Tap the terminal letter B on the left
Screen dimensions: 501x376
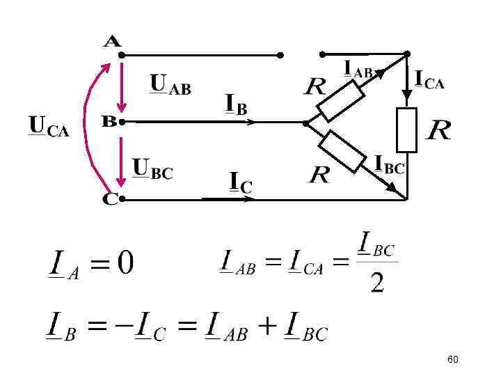(109, 121)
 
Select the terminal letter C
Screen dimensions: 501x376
(110, 199)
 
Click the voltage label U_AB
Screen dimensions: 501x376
(170, 86)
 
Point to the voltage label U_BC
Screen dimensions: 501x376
(152, 169)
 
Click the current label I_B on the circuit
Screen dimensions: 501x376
(237, 105)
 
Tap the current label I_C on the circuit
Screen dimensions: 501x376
(241, 183)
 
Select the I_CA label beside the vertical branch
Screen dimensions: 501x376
(429, 79)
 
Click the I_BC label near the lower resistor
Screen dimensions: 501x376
(389, 164)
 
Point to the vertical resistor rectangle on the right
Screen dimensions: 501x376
(406, 130)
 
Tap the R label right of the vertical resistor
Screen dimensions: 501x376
(438, 130)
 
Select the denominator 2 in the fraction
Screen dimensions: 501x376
(377, 283)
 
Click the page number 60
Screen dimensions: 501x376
(453, 359)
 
